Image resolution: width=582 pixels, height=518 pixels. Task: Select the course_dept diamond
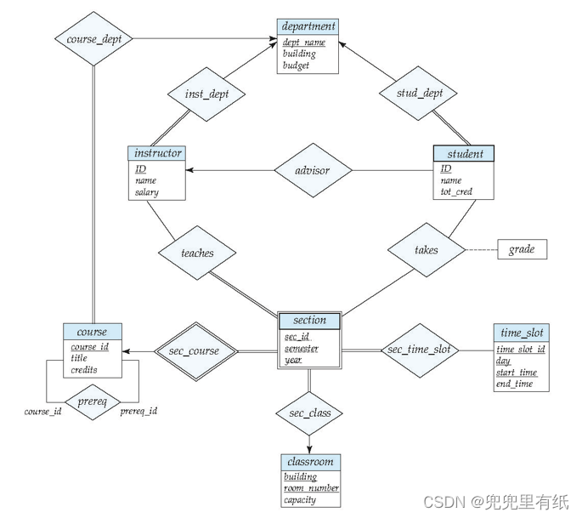(x=94, y=38)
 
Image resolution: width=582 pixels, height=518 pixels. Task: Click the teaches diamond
(x=197, y=253)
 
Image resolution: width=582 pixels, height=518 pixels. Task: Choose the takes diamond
(x=427, y=250)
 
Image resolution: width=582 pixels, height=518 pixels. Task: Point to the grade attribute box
(x=522, y=250)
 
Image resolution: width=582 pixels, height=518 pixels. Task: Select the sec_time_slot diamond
(x=419, y=350)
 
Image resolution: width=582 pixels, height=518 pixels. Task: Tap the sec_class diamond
(x=309, y=414)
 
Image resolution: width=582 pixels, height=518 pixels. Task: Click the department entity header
(x=308, y=26)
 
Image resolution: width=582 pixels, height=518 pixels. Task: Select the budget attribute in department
(x=297, y=65)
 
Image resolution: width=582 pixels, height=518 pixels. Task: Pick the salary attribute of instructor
(x=146, y=192)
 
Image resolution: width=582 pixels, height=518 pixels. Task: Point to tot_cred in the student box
(x=456, y=192)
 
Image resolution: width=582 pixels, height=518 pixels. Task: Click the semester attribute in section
(x=302, y=349)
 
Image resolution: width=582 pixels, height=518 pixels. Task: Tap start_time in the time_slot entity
(x=517, y=373)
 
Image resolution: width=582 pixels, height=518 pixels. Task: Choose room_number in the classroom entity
(x=312, y=488)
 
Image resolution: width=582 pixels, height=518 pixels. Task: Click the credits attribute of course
(x=83, y=370)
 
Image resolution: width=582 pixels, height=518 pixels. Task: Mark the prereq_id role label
(x=138, y=412)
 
